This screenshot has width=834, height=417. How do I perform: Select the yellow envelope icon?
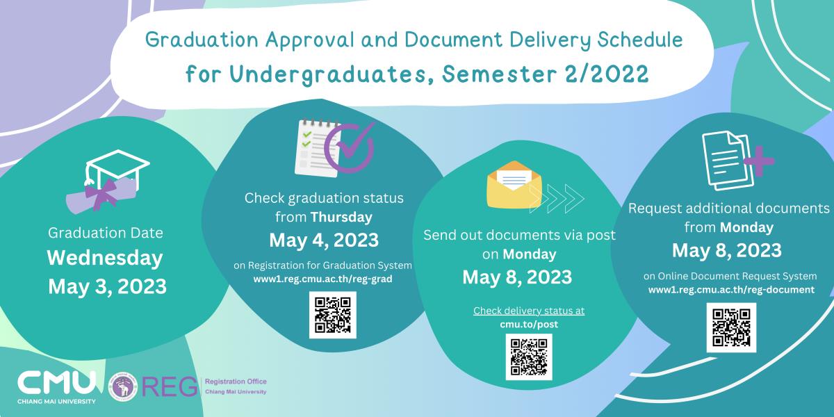[x=514, y=185]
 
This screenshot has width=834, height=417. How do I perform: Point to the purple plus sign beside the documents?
[x=759, y=161]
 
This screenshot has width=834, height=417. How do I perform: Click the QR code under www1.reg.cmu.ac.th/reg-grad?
[x=332, y=315]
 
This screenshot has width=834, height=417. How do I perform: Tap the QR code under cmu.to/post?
[x=529, y=357]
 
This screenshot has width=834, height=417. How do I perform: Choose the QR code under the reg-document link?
[x=731, y=327]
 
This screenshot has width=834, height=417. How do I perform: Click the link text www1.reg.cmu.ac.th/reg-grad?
[x=322, y=279]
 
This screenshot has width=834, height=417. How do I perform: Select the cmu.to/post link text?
[x=529, y=325]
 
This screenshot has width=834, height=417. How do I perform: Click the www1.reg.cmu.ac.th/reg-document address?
[x=731, y=290]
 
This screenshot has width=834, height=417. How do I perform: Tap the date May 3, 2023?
[x=107, y=286]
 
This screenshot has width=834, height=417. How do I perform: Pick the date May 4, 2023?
[x=324, y=240]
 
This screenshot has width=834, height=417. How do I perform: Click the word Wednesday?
[x=105, y=258]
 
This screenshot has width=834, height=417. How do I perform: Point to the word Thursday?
[x=341, y=217]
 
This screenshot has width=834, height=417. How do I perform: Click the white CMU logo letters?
[x=56, y=383]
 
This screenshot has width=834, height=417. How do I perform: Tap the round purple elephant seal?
[x=123, y=386]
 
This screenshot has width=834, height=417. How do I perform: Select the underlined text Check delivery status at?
[x=529, y=311]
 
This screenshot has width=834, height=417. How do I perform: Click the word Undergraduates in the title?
[x=328, y=74]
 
